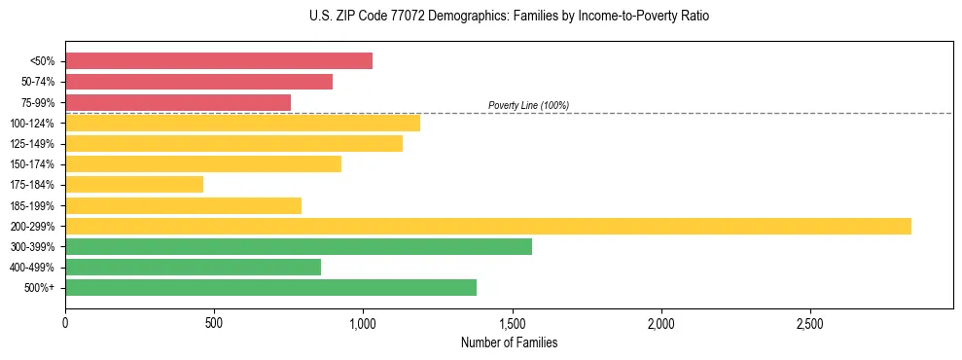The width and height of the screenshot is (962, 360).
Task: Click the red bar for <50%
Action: [219, 60]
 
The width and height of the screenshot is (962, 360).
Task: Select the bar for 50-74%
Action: [198, 82]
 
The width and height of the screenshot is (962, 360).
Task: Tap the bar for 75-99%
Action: [178, 102]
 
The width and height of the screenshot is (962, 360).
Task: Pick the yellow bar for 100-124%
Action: [242, 123]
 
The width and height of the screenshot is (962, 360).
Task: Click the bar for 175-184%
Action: [134, 185]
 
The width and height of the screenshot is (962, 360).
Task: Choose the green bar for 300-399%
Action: [299, 246]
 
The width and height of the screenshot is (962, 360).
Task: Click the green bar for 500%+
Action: [270, 287]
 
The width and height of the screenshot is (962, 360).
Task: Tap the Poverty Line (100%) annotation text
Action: [528, 105]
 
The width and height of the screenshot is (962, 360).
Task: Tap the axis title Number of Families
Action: [509, 342]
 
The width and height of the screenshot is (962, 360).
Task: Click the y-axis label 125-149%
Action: [32, 144]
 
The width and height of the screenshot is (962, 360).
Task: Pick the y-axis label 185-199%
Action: [32, 206]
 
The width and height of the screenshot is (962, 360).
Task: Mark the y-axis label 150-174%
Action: [32, 164]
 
